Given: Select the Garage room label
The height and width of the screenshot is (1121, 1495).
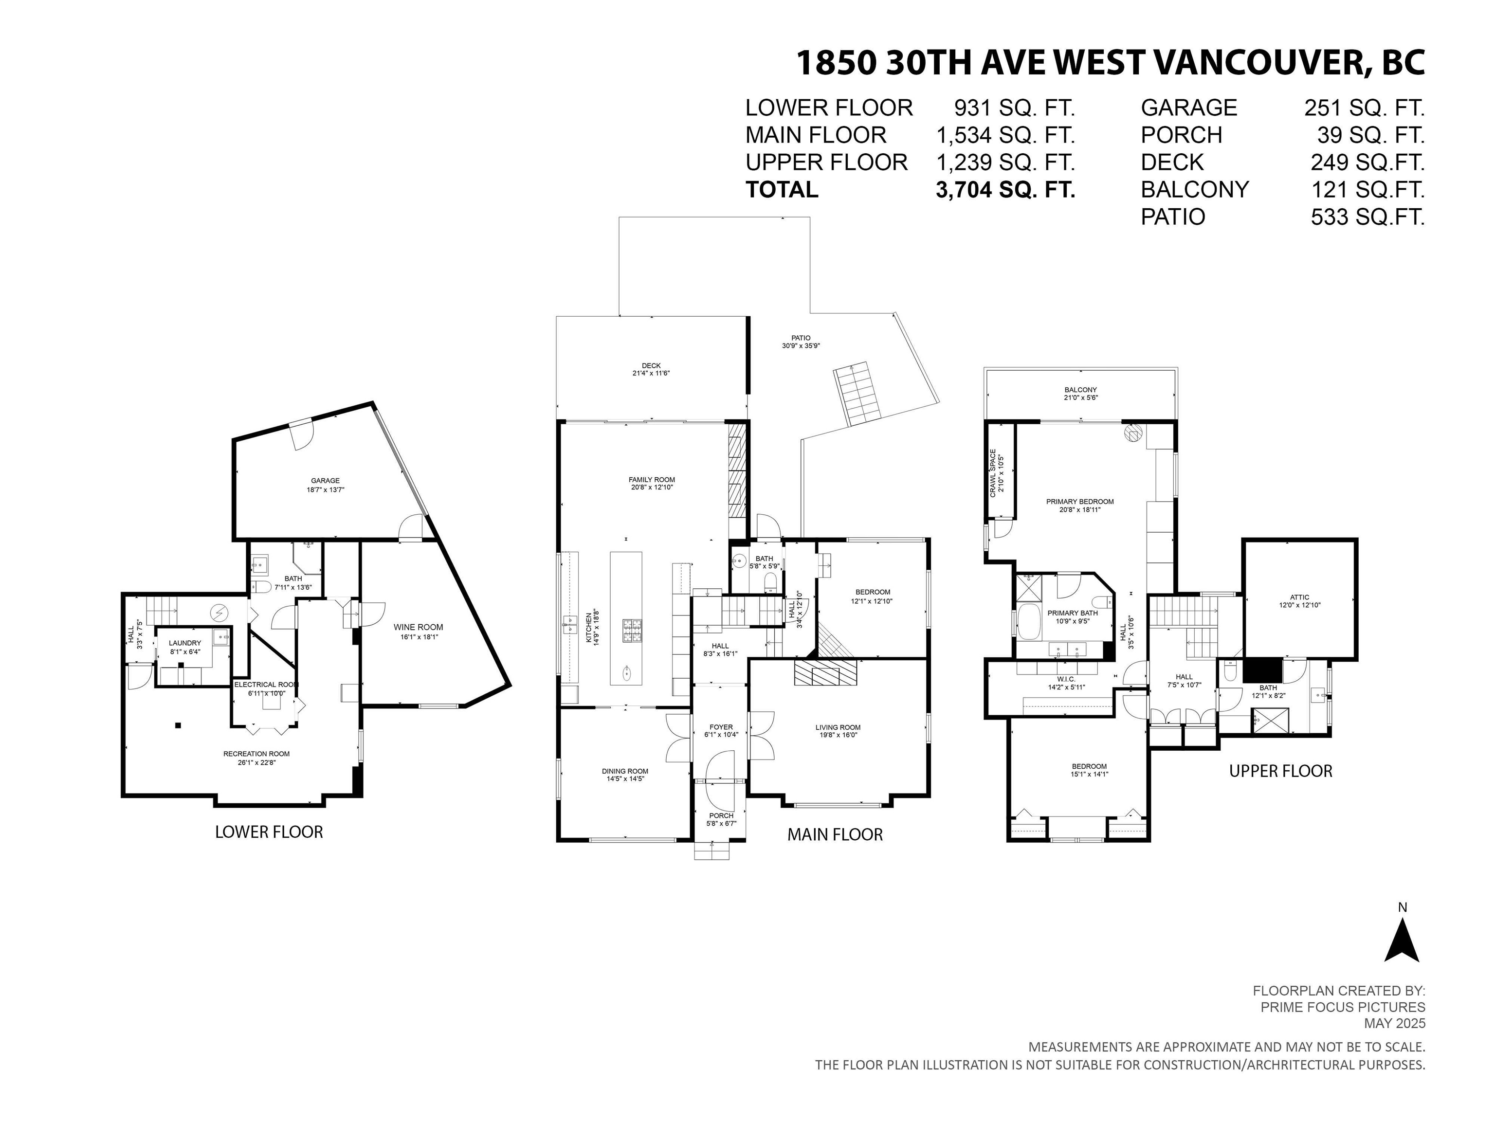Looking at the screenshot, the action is click(x=325, y=485).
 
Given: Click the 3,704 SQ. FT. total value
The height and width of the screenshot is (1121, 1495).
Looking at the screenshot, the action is click(x=1005, y=190).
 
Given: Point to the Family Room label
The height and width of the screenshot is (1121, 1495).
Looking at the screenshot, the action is click(x=652, y=483).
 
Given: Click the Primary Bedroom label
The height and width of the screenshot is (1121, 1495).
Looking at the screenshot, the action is click(x=1080, y=506).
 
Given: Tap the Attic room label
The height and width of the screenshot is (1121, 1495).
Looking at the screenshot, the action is click(x=1300, y=601).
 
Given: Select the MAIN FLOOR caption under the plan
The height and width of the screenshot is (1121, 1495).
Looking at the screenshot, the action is click(x=835, y=834).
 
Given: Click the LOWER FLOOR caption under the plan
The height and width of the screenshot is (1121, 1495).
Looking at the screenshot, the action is click(x=269, y=832).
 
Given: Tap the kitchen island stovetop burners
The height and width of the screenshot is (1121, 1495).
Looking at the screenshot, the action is click(x=632, y=630).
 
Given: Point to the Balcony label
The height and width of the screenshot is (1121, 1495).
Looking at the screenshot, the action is click(x=1081, y=393).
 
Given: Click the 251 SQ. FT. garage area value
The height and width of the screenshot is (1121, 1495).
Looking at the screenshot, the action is click(x=1364, y=108).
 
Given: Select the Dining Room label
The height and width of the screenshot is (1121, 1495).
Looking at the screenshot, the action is click(x=625, y=775).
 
